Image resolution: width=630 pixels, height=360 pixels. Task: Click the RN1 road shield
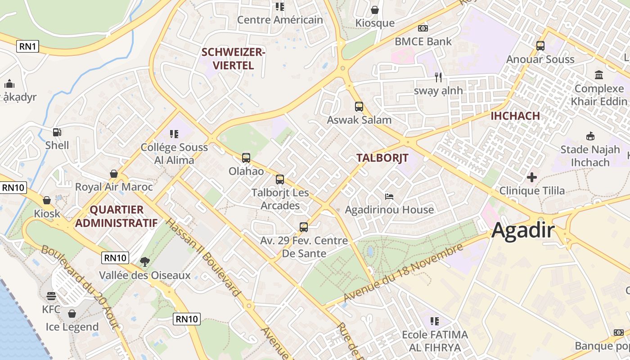tap(27, 46)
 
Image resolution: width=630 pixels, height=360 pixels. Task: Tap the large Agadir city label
tap(523, 230)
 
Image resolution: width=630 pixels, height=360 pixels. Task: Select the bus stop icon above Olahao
tap(246, 158)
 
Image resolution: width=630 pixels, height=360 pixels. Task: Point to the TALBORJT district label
tap(382, 158)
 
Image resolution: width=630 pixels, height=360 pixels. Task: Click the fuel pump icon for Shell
tap(57, 132)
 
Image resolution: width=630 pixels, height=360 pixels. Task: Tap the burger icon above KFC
tap(51, 296)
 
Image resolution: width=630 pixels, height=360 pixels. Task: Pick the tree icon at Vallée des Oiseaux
tap(144, 261)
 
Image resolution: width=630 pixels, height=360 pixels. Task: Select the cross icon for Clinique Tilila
tap(532, 177)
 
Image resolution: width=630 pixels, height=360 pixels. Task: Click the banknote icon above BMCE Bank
tap(423, 28)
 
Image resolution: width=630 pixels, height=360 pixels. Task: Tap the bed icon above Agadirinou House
tap(389, 196)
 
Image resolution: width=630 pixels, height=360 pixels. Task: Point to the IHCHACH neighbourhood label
tap(515, 116)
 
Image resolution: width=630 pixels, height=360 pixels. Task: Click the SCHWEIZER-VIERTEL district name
tap(233, 58)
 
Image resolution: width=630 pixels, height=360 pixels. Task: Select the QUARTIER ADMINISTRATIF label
tap(116, 216)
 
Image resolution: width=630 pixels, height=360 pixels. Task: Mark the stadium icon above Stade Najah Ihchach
tap(590, 136)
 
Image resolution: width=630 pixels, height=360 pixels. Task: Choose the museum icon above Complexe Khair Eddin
tap(599, 75)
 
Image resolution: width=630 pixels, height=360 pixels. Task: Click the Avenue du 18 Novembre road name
tap(403, 274)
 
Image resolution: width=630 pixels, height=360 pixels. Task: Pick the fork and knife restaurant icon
tap(438, 77)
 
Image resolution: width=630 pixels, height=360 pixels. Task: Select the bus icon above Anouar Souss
tap(540, 45)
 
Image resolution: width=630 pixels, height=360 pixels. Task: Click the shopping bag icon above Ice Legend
tap(72, 314)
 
